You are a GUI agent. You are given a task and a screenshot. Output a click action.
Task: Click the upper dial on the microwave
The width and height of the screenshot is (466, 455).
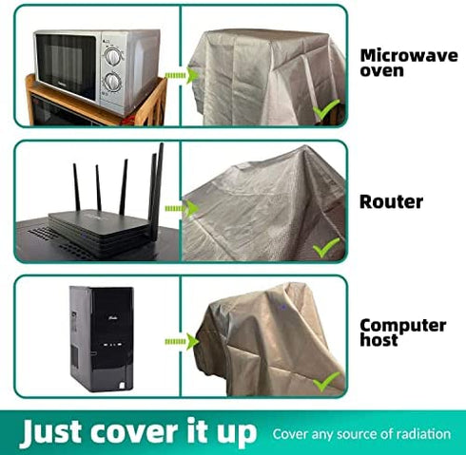tap(112, 57)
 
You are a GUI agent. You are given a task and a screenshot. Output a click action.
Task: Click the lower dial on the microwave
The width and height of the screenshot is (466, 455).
tap(112, 82)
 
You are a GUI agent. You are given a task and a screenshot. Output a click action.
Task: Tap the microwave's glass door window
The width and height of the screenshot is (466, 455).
tap(66, 66)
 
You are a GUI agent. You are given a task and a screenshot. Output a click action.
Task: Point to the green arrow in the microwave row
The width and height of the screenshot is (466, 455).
tap(182, 75)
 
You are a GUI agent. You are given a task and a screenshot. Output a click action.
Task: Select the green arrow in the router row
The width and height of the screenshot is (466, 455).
tap(182, 209)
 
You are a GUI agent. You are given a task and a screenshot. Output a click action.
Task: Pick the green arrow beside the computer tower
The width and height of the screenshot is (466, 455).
tap(182, 341)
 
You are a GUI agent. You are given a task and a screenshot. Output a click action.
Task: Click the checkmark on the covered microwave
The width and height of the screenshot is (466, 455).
tap(325, 109)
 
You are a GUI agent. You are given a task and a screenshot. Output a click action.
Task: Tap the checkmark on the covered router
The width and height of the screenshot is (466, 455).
tap(325, 247)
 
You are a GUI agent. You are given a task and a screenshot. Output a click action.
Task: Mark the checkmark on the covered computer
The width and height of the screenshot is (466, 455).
tap(325, 382)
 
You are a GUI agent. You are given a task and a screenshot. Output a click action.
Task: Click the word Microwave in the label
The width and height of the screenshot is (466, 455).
tap(409, 55)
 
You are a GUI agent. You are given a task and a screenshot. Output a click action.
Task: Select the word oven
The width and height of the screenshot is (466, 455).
tap(381, 70)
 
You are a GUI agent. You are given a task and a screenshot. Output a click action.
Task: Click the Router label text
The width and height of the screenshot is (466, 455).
tap(391, 201)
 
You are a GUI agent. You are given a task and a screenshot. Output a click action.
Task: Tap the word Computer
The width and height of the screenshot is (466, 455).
tap(403, 325)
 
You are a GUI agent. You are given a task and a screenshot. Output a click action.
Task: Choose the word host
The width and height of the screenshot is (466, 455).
tap(379, 339)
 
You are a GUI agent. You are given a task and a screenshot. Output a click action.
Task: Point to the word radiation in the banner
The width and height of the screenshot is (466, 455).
tap(424, 434)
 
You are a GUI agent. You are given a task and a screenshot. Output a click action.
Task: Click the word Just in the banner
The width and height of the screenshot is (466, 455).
tap(53, 432)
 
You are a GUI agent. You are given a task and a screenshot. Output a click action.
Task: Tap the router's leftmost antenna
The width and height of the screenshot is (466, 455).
tap(77, 187)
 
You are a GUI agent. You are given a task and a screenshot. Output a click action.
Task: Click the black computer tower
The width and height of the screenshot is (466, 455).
tap(102, 339)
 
